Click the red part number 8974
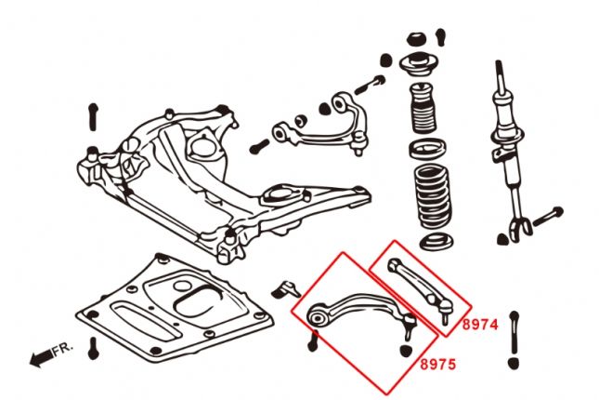[x=481, y=325]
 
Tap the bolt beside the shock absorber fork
[x=548, y=215]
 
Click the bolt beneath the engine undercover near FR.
[x=93, y=350]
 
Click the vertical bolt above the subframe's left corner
[x=92, y=115]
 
